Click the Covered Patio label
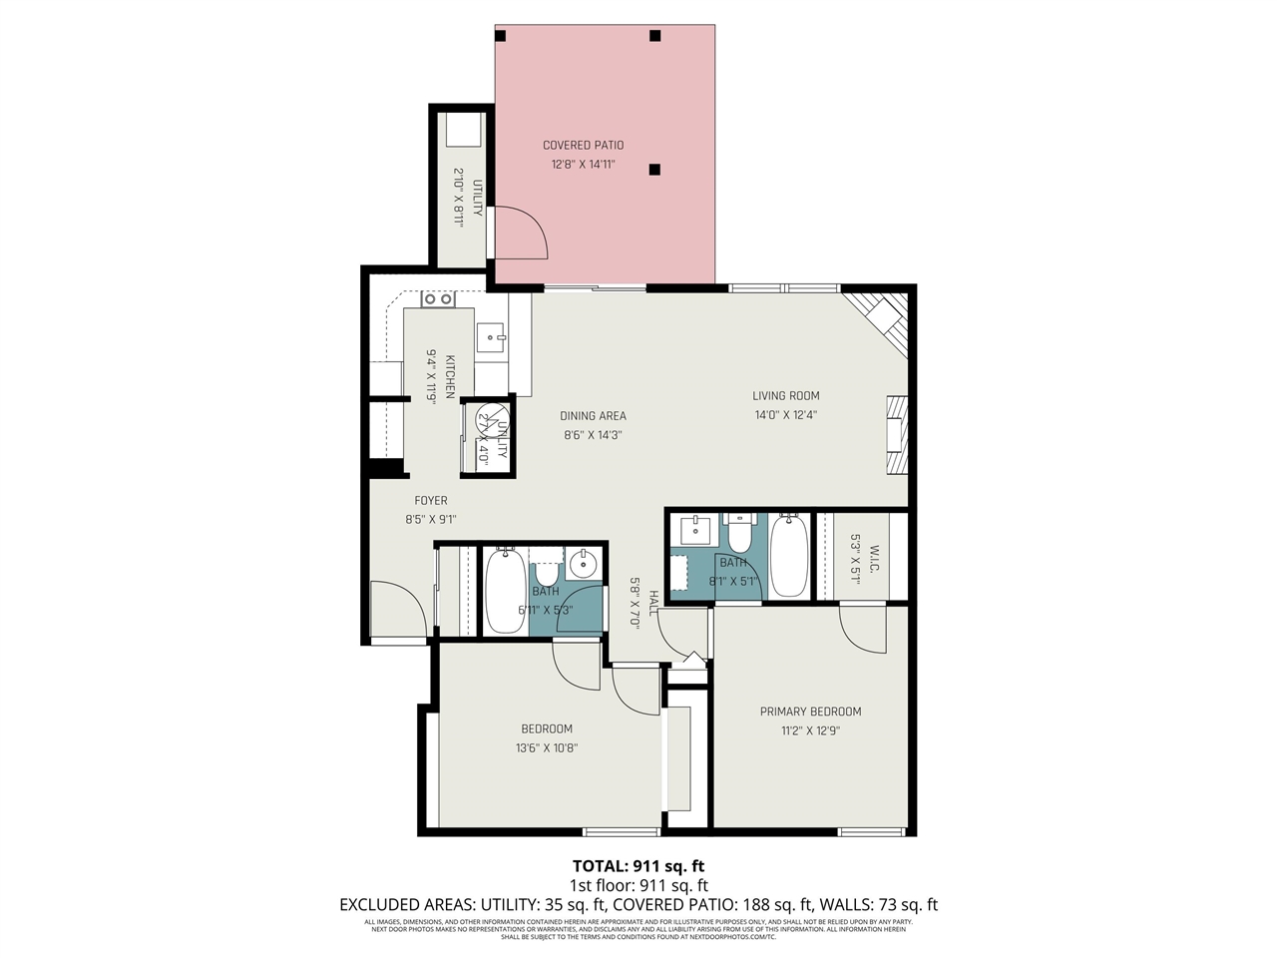pyautogui.click(x=583, y=145)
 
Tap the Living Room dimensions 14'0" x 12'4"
pyautogui.click(x=785, y=415)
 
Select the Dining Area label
pyautogui.click(x=593, y=416)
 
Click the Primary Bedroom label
pyautogui.click(x=810, y=712)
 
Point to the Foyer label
pyautogui.click(x=431, y=501)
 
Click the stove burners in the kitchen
pyautogui.click(x=437, y=298)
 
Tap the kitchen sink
pyautogui.click(x=491, y=338)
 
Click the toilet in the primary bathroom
pyautogui.click(x=739, y=533)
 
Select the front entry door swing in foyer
pyautogui.click(x=397, y=609)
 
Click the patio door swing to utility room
pyautogui.click(x=519, y=232)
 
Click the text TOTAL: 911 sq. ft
pyautogui.click(x=638, y=865)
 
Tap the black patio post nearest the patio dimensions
pyautogui.click(x=654, y=170)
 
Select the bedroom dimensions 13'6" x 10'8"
pyautogui.click(x=547, y=747)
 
